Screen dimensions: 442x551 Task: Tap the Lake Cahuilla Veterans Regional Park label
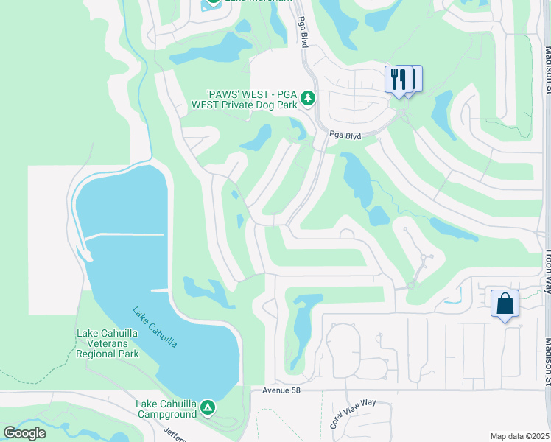(x=107, y=343)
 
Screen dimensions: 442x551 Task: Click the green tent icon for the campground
(x=208, y=407)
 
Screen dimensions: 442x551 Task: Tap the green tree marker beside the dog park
(x=309, y=98)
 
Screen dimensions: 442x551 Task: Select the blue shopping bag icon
(x=505, y=303)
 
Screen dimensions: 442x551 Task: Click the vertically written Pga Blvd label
(x=302, y=32)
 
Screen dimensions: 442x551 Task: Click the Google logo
(x=25, y=433)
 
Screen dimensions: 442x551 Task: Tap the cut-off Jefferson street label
(x=175, y=434)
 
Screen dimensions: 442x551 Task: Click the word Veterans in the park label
(x=107, y=343)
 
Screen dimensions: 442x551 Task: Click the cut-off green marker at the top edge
(x=213, y=2)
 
